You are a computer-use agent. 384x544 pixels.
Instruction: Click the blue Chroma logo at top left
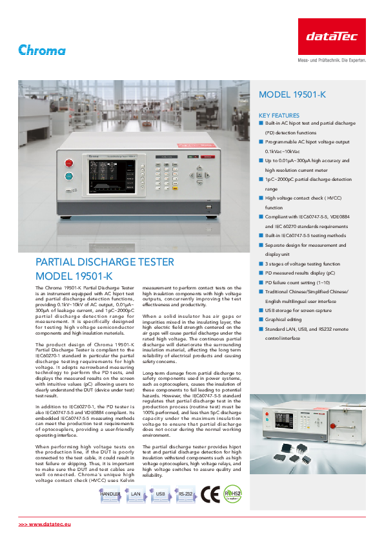(42, 50)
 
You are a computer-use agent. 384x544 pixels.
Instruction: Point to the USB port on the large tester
(208, 207)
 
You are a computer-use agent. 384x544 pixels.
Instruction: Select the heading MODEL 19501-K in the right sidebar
(292, 95)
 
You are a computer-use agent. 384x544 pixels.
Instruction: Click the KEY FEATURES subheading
(279, 115)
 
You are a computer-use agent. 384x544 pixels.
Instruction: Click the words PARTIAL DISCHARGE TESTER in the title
(104, 262)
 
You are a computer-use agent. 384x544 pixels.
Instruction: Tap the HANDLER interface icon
(111, 494)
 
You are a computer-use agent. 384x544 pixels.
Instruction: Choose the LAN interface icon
(136, 494)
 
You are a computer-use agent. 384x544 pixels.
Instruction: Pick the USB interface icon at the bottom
(161, 494)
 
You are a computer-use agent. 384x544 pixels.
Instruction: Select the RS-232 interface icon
(185, 494)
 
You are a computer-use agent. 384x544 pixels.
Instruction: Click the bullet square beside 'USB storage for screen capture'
(261, 310)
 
